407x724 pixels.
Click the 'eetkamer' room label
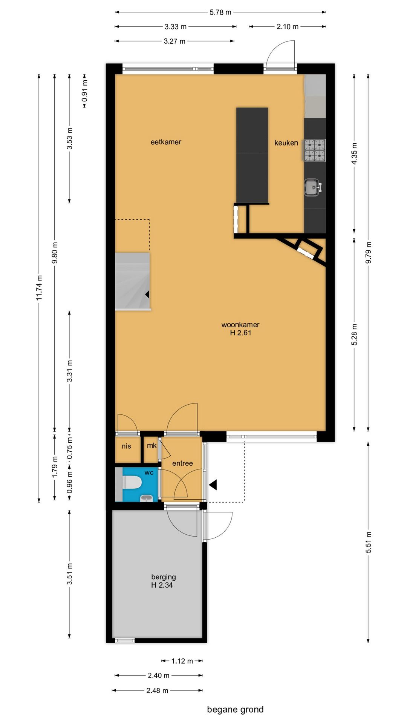click(x=166, y=142)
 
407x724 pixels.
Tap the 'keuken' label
click(x=286, y=143)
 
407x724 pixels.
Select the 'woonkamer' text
click(x=240, y=325)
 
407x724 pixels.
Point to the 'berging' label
click(x=164, y=577)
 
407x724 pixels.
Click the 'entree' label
click(x=182, y=463)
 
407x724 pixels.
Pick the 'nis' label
click(x=126, y=446)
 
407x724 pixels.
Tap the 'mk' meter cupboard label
click(x=152, y=446)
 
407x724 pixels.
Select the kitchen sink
click(x=312, y=187)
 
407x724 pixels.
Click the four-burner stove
click(x=314, y=150)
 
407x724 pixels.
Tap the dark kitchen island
click(x=252, y=156)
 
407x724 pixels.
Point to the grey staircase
click(x=132, y=281)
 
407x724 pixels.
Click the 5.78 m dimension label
click(x=220, y=12)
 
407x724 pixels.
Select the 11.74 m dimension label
click(x=39, y=288)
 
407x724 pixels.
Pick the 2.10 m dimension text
click(x=288, y=27)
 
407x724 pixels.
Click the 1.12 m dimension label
click(x=182, y=661)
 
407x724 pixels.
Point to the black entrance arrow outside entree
click(x=213, y=485)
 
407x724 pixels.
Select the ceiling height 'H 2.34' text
click(x=162, y=585)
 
